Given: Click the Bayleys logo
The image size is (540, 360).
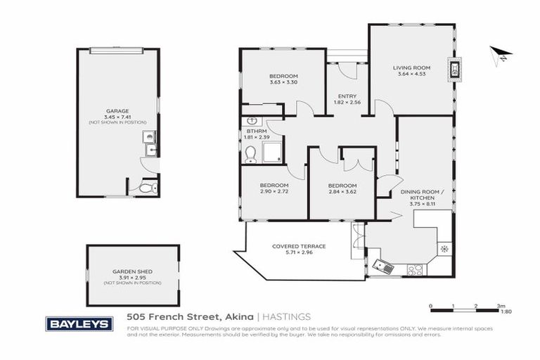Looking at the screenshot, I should point(79,323).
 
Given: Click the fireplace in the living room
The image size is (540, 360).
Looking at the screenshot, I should point(455,70).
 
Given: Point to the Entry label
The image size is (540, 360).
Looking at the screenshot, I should point(347,96).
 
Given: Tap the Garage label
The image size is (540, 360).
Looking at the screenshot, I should point(116,110).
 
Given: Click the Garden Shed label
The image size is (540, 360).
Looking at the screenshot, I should point(132,271).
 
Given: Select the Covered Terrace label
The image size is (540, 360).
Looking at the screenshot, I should point(299,246).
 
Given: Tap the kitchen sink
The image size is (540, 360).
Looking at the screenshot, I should point(383,266).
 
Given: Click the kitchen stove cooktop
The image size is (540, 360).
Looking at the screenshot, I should point(414,268).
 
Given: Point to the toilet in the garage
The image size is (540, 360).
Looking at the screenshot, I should point(145,188).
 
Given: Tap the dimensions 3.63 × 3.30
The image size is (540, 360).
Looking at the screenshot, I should point(283,83).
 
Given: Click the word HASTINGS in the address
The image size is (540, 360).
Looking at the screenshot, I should point(287,316).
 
